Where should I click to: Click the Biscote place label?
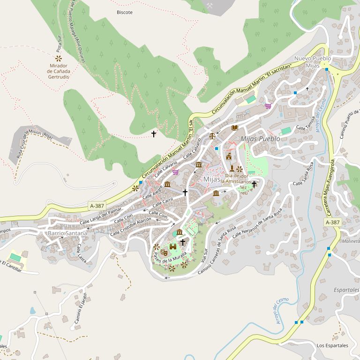click(124, 12)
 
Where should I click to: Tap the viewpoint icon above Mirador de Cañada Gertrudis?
click(59, 59)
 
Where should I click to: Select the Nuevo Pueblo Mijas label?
click(312, 62)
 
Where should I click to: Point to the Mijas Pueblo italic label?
click(260, 139)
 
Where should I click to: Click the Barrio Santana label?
click(67, 233)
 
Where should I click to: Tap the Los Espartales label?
click(332, 345)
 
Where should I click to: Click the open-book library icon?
click(235, 127)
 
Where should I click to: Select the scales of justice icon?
click(212, 136)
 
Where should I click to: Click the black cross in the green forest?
click(153, 134)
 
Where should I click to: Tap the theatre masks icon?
click(164, 252)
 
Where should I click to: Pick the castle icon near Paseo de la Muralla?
click(173, 247)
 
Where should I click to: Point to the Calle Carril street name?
click(163, 202)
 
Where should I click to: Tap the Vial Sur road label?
click(204, 254)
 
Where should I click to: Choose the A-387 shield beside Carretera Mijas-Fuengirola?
click(332, 222)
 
